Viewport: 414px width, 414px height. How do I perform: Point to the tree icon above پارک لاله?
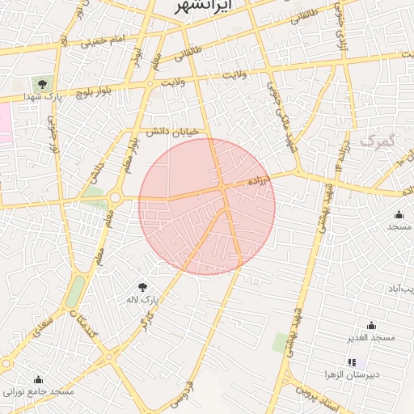click(x=143, y=286)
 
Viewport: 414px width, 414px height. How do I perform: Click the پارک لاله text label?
click(x=146, y=300)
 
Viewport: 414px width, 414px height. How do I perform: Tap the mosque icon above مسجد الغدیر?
click(x=371, y=325)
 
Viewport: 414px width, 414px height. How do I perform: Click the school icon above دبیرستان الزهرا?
click(x=352, y=362)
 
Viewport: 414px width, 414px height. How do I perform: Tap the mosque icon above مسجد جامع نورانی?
click(x=38, y=379)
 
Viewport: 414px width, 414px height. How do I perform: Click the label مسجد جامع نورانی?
click(x=38, y=392)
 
